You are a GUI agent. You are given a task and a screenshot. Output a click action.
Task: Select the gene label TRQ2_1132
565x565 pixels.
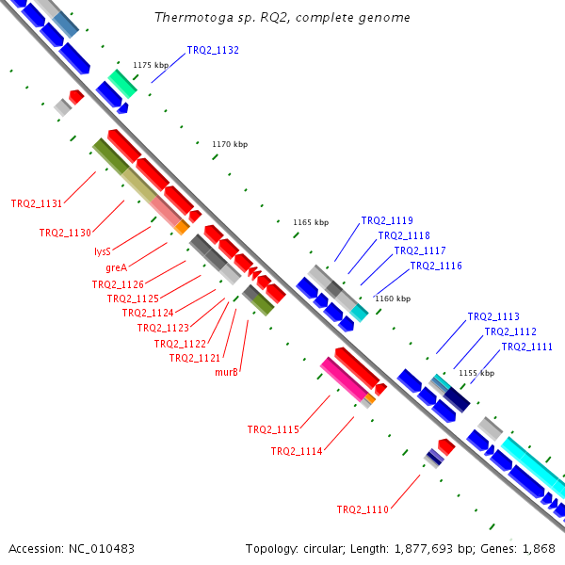tap(213, 50)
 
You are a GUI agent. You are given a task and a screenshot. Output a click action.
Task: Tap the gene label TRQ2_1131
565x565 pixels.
tap(37, 203)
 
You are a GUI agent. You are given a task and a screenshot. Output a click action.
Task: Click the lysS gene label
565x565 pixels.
tap(103, 251)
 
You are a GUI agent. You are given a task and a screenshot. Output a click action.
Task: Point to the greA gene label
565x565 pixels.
tap(116, 267)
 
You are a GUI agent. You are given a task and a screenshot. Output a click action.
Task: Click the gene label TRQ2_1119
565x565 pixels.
tap(387, 220)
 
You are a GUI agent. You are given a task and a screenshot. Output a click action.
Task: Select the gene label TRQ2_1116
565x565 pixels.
tap(436, 266)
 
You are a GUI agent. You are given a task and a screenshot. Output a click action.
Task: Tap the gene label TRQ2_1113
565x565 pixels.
tap(493, 317)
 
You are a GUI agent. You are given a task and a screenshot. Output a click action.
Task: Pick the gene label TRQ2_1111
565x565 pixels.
tap(527, 347)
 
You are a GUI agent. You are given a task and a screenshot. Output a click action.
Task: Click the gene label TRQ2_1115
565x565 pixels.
tap(273, 430)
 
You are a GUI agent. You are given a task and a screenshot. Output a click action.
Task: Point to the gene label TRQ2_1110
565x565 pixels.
tap(363, 509)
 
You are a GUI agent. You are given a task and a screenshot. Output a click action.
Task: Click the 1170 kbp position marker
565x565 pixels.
tap(229, 144)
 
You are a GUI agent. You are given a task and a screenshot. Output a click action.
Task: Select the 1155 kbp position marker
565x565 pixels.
tap(476, 373)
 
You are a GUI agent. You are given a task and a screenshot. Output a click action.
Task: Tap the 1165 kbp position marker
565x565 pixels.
tap(311, 223)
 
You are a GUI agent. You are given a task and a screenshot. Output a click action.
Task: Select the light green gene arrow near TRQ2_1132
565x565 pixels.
tap(122, 83)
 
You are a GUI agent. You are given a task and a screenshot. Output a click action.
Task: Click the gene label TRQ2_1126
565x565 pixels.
tap(118, 283)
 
